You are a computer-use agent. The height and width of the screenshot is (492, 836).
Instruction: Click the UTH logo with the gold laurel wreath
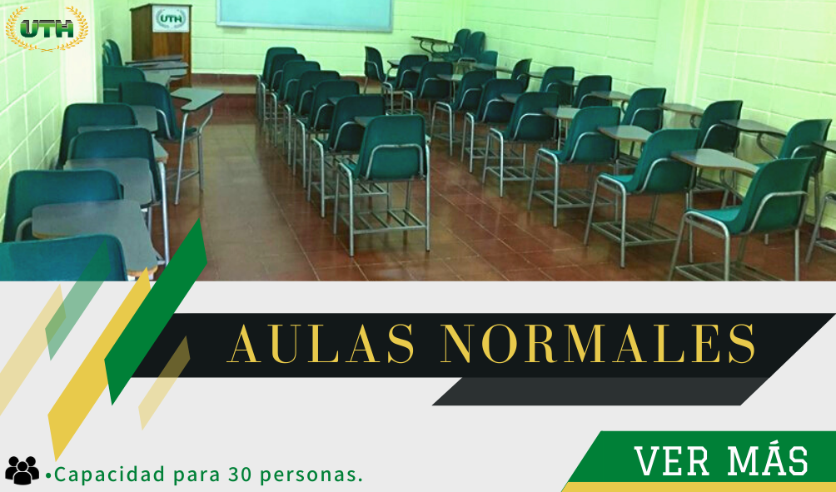pyautogui.click(x=47, y=28)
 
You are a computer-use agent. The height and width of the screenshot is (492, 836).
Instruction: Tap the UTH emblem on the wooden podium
pyautogui.click(x=171, y=18)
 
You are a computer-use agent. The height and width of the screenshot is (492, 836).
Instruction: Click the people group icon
pyautogui.click(x=22, y=470)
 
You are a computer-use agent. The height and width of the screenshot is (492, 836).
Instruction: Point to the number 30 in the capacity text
pyautogui.click(x=240, y=474)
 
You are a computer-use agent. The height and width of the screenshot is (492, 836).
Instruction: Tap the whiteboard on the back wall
pyautogui.click(x=305, y=14)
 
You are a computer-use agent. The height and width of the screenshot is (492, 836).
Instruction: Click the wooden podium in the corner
pyautogui.click(x=161, y=40)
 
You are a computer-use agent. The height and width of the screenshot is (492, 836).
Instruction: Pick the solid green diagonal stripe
pyautogui.click(x=155, y=312)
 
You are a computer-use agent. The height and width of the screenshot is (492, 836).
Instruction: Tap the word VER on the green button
pyautogui.click(x=672, y=461)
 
